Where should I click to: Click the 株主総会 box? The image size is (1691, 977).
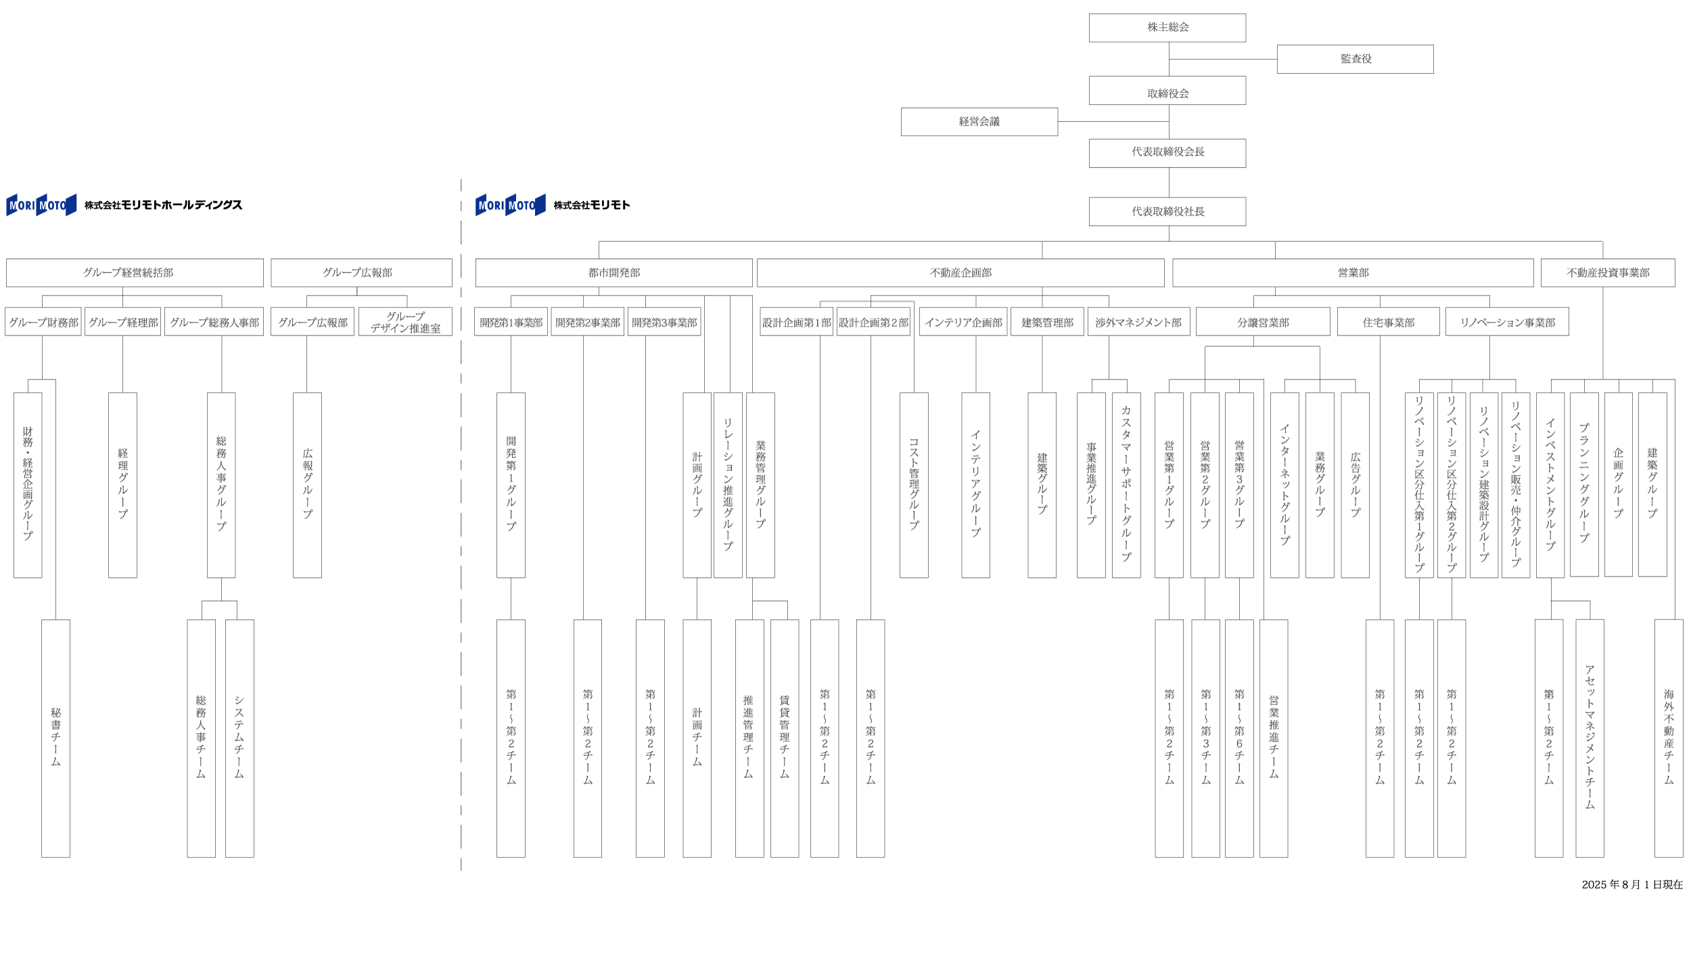[1167, 28]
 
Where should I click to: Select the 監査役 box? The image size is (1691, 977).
[1355, 59]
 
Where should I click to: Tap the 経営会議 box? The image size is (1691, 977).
[979, 122]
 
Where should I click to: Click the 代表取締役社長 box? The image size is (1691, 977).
[1167, 212]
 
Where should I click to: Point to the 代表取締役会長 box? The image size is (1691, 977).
[1167, 153]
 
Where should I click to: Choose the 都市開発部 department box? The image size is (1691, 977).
[613, 273]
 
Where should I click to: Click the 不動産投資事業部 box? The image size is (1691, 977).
[1607, 273]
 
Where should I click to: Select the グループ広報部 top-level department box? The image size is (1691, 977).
[361, 273]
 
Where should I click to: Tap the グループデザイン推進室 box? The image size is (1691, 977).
[405, 322]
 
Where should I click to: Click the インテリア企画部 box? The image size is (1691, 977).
[963, 322]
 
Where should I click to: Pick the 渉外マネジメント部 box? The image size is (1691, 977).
[1138, 322]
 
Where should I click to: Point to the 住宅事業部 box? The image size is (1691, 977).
[1388, 322]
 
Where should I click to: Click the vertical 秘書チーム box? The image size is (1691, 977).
[55, 737]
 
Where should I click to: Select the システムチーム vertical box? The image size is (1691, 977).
[239, 737]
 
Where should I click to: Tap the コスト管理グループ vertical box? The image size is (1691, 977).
[913, 484]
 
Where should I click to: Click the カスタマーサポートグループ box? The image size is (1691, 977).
[1126, 484]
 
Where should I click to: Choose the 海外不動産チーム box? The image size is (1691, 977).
[1668, 737]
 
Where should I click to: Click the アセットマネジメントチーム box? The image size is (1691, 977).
[1589, 737]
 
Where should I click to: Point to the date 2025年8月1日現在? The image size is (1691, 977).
[1631, 884]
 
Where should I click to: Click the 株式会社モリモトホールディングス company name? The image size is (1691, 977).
[163, 205]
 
